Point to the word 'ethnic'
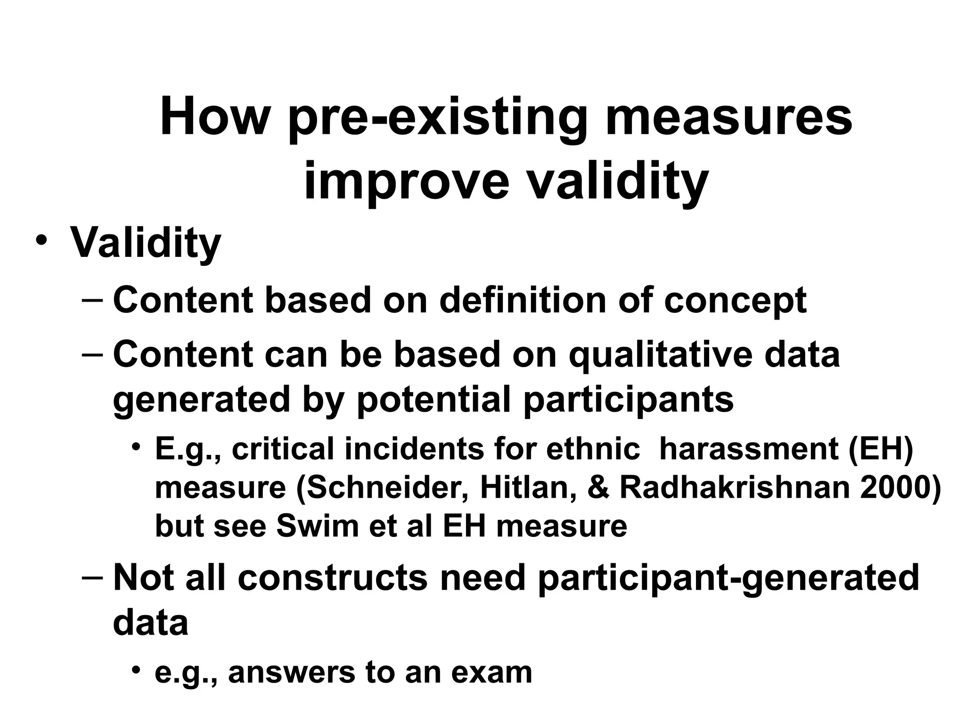(x=593, y=448)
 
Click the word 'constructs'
(x=333, y=578)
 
